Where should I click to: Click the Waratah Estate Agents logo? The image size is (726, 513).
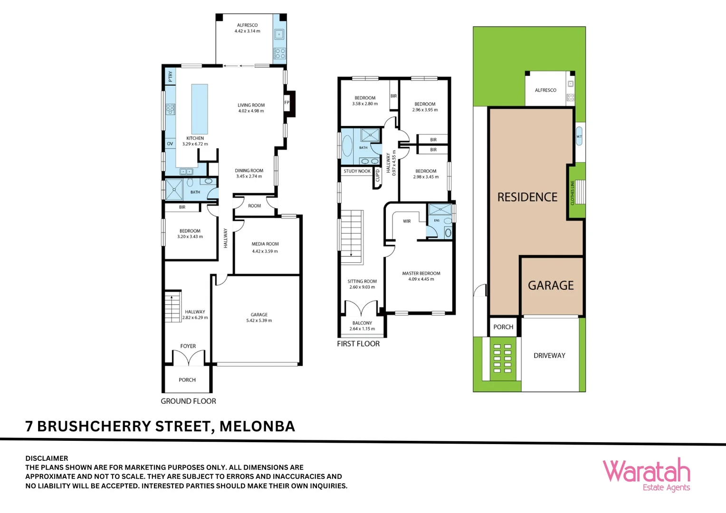[x=646, y=475]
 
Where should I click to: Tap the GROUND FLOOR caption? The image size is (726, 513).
[x=188, y=401]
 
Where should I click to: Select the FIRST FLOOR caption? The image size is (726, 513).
[x=358, y=343]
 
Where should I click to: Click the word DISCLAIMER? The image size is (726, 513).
[x=47, y=458]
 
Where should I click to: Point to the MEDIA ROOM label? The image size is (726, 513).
[x=265, y=244]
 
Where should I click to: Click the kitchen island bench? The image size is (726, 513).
[x=200, y=109]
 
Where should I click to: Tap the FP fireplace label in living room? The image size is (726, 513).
[x=287, y=103]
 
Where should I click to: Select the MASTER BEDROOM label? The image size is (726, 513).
[x=421, y=273]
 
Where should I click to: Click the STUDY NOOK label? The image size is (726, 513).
[x=357, y=171]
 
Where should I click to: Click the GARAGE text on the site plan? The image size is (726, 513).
[x=551, y=285]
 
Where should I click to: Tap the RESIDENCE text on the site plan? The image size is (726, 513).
[x=527, y=197]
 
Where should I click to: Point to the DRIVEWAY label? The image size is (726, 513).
[x=549, y=355]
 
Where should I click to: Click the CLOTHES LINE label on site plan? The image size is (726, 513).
[x=573, y=192]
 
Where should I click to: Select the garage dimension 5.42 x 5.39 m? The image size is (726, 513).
[x=259, y=321]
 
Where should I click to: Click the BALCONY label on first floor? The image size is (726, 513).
[x=362, y=323]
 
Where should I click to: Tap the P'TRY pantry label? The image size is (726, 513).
[x=170, y=76]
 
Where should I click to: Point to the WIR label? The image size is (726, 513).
[x=407, y=221]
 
